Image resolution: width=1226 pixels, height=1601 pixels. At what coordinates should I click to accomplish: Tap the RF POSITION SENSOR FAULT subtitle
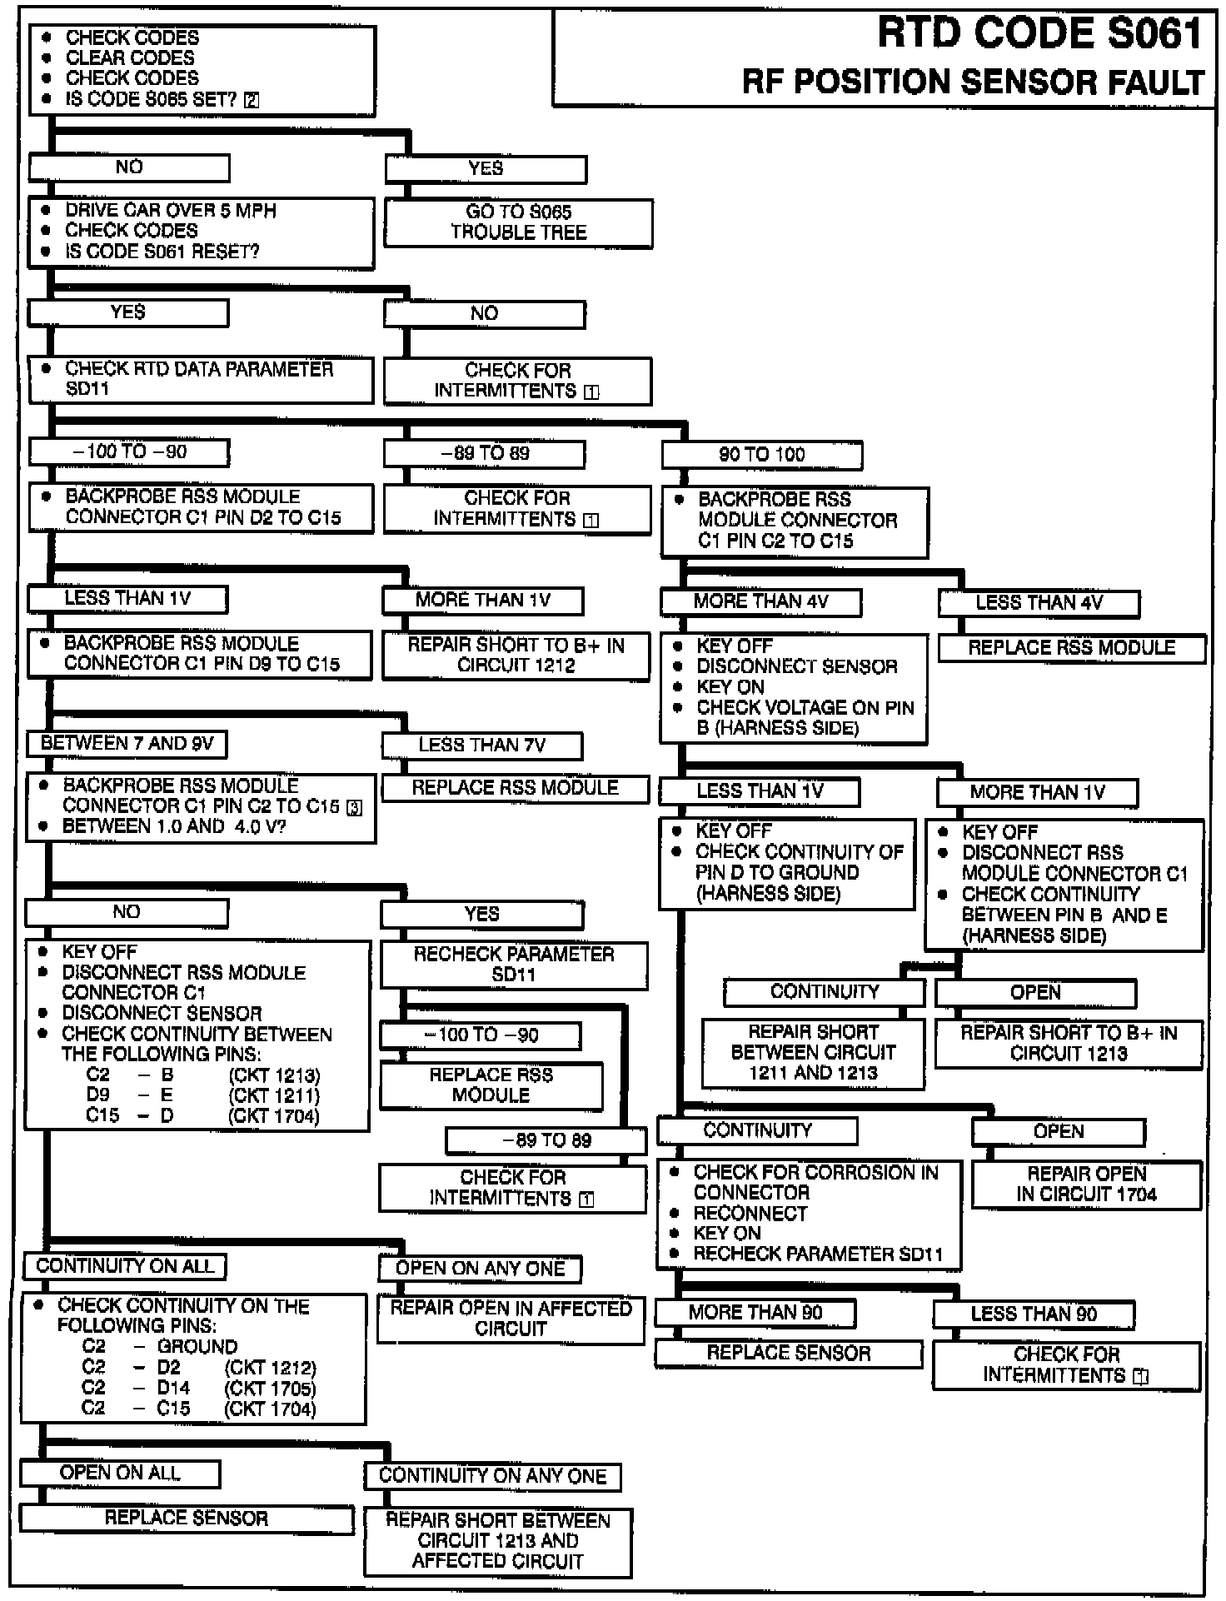[x=973, y=82]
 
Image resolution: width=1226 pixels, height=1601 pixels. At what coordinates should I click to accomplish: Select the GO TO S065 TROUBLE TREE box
[x=518, y=222]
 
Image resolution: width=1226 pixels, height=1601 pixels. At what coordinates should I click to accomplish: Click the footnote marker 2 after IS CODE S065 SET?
[x=251, y=101]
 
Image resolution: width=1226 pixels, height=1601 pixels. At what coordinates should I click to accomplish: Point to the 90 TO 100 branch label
[x=761, y=455]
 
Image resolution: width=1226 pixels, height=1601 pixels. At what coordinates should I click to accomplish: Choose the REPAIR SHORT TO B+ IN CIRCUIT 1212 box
[x=516, y=656]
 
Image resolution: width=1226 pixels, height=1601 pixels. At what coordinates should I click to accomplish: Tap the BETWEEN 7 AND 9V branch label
[x=127, y=744]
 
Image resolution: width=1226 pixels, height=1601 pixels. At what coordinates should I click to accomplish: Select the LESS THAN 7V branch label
[x=481, y=746]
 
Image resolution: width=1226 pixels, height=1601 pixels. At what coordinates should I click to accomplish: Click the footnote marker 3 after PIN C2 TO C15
[x=354, y=808]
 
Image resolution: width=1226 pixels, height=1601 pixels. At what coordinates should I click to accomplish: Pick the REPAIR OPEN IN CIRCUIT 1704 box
[x=1086, y=1184]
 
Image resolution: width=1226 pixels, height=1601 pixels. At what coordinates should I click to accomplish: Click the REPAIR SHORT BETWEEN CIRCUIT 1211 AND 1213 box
[x=813, y=1053]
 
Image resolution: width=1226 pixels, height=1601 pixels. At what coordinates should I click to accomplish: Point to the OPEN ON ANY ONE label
[x=480, y=1269]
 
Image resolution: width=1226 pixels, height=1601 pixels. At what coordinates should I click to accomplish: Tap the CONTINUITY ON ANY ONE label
[x=492, y=1476]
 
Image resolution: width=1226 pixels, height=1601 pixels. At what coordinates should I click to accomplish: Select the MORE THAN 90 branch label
[x=755, y=1313]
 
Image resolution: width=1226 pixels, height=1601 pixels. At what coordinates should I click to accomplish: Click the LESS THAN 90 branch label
[x=1033, y=1314]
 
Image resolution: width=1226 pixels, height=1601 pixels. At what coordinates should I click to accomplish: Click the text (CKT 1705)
[x=270, y=1389]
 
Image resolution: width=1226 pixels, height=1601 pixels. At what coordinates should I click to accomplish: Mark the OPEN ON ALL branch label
[x=120, y=1473]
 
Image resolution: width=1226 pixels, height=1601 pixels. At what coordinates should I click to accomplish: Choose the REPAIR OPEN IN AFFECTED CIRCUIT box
[x=511, y=1319]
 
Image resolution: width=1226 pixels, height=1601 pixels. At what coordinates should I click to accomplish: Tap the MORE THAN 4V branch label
[x=760, y=602]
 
